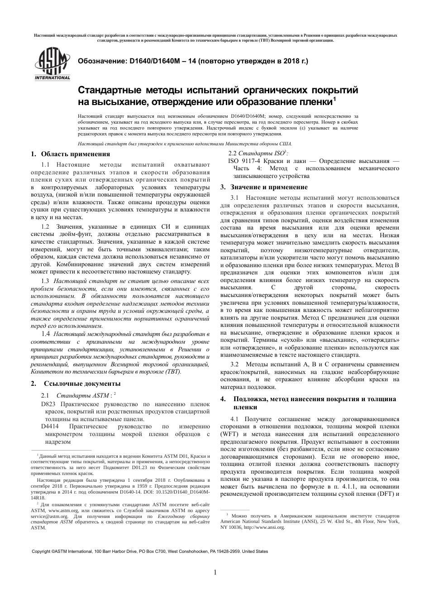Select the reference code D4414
[50, 427]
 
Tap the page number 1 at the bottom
[215, 572]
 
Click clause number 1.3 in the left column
[45, 281]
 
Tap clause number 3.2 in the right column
[234, 364]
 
